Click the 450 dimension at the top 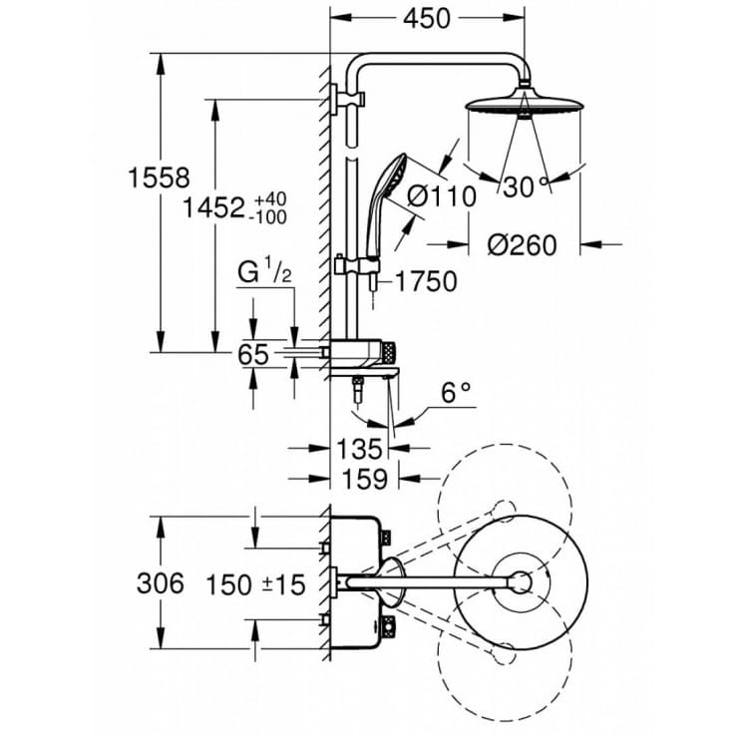pos(427,19)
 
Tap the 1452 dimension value pos(214,207)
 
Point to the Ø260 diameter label pos(522,244)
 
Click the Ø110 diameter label pos(441,197)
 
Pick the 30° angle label pos(526,185)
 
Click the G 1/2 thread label pos(264,271)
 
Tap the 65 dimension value pos(256,354)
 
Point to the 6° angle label pos(456,393)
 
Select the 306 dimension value pos(160,583)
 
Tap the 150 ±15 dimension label pos(256,584)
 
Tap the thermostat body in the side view pos(364,350)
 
